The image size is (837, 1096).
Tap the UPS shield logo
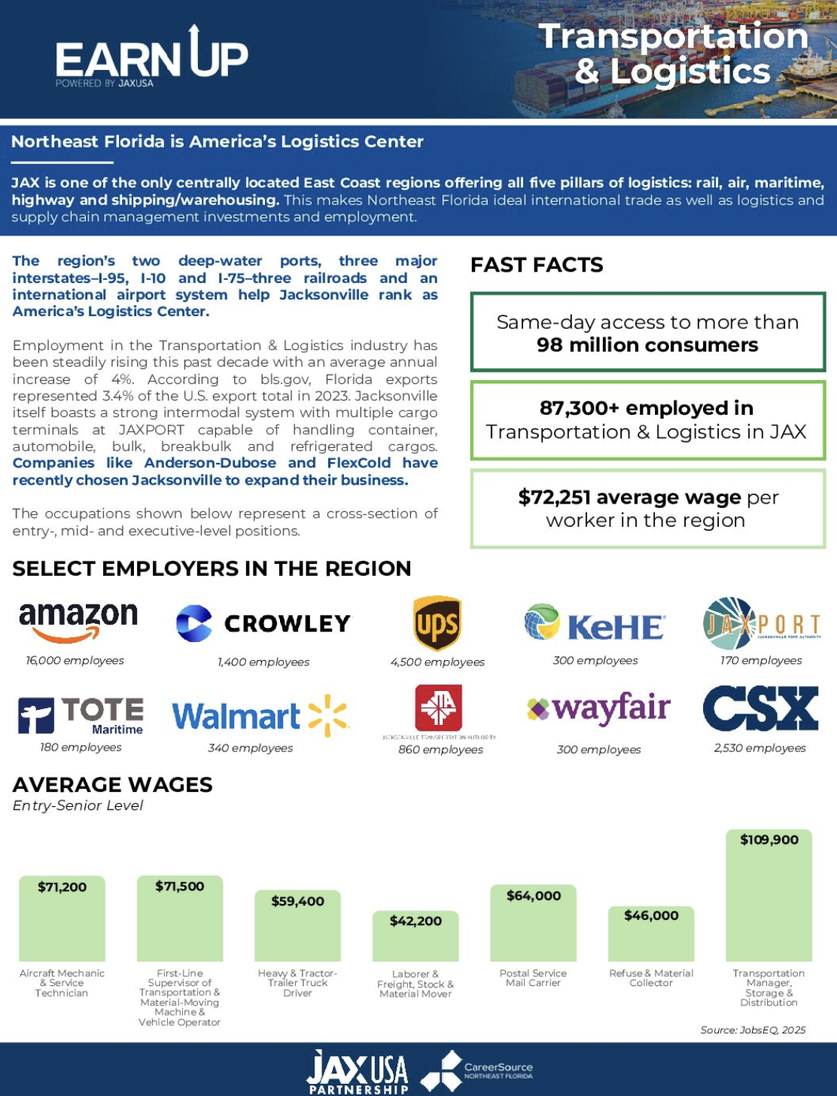pos(437,624)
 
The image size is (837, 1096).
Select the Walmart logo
pos(260,715)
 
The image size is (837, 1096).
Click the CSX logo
pos(760,708)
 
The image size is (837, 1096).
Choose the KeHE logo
pos(595,624)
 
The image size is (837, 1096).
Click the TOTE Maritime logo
pos(81,714)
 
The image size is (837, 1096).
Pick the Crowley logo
pos(263,623)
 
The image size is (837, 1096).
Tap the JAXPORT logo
pos(760,623)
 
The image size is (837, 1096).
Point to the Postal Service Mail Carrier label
pos(533,978)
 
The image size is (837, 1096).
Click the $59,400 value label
pos(297,901)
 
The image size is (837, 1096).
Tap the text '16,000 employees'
pos(75,661)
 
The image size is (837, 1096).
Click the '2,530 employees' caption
pos(759,748)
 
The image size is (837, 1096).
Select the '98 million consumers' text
pos(647,346)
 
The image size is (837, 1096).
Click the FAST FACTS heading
pos(537,265)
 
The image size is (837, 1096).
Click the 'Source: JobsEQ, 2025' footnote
pos(753,1030)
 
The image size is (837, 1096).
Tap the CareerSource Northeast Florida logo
pos(476,1071)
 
